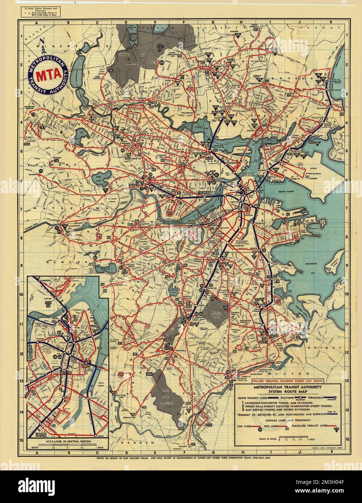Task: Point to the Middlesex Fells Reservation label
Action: click(x=126, y=64)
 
